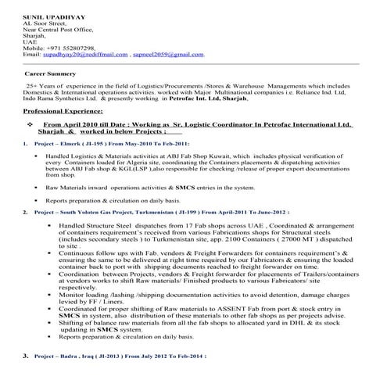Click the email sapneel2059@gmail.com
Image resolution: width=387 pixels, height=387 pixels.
pos(168,56)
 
